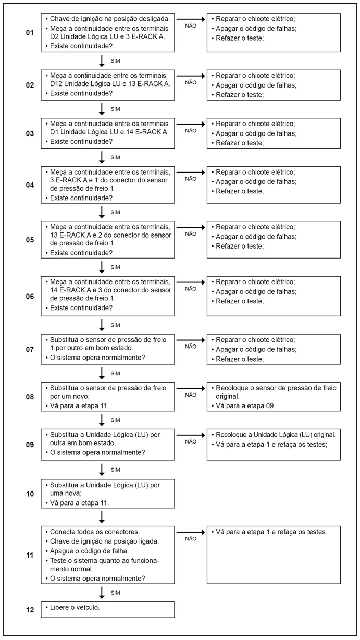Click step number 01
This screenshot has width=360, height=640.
point(30,33)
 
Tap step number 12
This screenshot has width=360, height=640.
point(30,609)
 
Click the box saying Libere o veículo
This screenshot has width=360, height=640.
point(108,609)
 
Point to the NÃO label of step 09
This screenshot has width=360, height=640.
point(191,441)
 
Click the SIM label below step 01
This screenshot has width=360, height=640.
point(116,61)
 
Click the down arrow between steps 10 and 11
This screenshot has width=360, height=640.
point(102,517)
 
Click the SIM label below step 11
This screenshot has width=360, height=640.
point(116,593)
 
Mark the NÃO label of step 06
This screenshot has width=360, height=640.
point(191,289)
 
